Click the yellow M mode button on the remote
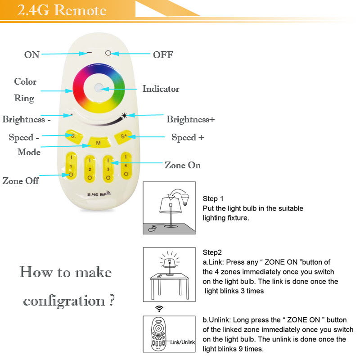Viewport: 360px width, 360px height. point(99,142)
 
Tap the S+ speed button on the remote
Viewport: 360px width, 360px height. point(123,137)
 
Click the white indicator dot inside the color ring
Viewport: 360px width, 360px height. point(99,88)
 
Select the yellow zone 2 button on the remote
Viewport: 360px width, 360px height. point(90,169)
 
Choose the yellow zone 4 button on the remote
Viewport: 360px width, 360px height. point(126,165)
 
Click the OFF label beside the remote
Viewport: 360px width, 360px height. point(163,55)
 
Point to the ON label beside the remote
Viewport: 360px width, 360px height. point(32,55)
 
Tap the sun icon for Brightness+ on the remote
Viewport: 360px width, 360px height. point(124,115)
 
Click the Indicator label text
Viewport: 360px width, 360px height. point(161,89)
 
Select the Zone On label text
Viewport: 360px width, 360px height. point(183,165)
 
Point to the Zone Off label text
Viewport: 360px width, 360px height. point(20,181)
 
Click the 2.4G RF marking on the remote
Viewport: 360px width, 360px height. point(99,194)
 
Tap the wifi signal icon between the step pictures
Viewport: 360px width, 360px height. point(159,309)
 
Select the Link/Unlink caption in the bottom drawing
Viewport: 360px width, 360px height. point(183,342)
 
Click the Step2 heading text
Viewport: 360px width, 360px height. point(212,252)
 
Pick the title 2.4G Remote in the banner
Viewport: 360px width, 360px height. point(62,10)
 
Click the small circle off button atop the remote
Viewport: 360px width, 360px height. point(108,53)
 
